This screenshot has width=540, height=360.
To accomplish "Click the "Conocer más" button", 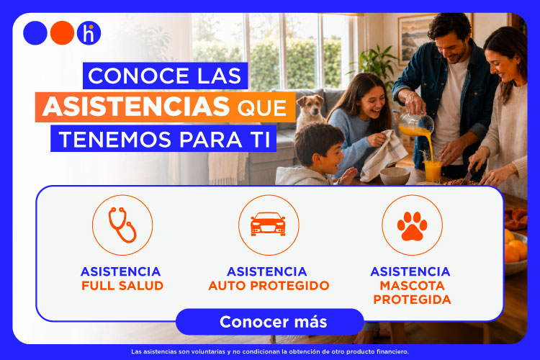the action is click(270, 322).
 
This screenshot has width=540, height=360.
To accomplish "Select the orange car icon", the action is click(269, 224).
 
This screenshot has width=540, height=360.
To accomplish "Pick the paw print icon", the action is click(412, 226).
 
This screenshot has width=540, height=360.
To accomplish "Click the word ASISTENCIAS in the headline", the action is click(136, 107).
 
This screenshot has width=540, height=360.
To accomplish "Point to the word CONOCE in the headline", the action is click(138, 76).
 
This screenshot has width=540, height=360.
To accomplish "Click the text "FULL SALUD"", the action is click(122, 286).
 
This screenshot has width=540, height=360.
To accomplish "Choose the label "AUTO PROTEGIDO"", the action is click(269, 286).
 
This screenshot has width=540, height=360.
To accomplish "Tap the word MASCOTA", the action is click(412, 286).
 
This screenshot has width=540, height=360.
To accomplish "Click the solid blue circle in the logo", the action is click(35, 33).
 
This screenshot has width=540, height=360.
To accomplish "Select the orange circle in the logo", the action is click(63, 33).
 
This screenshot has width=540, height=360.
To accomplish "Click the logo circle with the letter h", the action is click(89, 33).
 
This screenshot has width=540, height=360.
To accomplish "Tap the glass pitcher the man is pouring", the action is click(415, 124).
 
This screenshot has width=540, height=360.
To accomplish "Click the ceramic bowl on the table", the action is click(395, 176).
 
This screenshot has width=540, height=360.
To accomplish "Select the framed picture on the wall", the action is click(417, 39).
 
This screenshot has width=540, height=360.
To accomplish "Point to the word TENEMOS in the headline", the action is click(115, 140).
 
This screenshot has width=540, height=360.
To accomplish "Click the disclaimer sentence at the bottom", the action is click(270, 352).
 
